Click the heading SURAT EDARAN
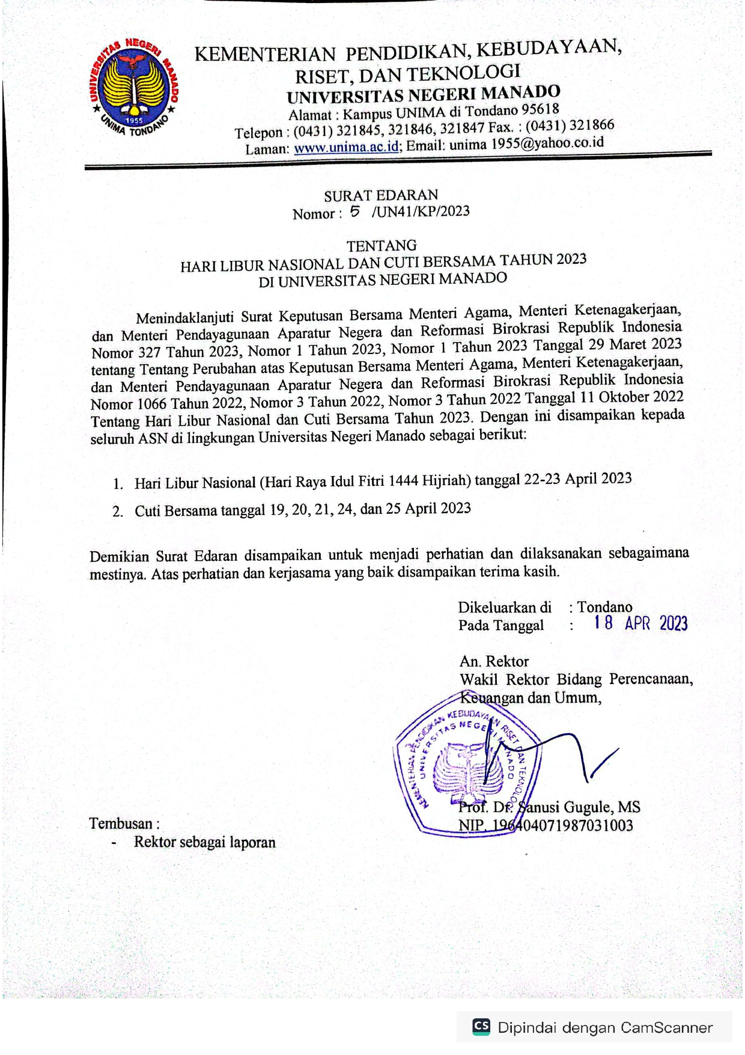click(381, 195)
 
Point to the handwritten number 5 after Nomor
click(355, 211)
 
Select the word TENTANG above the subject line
click(382, 245)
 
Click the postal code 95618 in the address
click(540, 109)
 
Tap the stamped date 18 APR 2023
click(640, 623)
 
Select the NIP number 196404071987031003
click(562, 825)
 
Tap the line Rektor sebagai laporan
click(204, 842)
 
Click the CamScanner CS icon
click(481, 1027)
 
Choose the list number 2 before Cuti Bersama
click(118, 512)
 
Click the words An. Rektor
click(494, 661)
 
